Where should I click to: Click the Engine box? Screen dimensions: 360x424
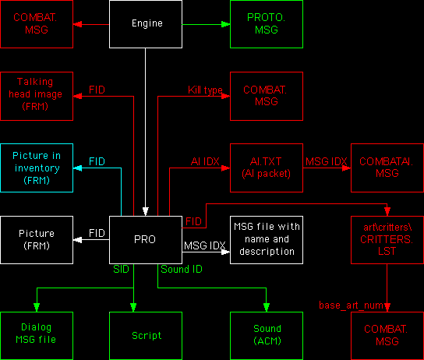tap(145, 23)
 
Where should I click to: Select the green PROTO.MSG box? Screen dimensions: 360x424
tap(266, 23)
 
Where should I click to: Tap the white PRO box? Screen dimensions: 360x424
tap(145, 240)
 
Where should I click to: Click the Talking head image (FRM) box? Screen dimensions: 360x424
tap(36, 96)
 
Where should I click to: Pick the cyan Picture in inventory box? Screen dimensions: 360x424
tap(36, 168)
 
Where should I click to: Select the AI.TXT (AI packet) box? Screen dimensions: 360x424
tap(266, 168)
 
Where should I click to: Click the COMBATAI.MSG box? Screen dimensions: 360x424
tap(387, 168)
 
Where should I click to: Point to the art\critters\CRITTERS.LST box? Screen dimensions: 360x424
tap(387, 240)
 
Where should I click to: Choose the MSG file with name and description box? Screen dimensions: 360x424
tap(266, 240)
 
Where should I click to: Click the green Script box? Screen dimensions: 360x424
tap(145, 335)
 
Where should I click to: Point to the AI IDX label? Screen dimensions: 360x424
tap(206, 161)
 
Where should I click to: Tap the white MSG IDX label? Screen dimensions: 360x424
tap(205, 246)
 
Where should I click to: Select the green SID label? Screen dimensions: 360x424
tap(121, 269)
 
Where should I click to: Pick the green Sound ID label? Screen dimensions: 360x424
tap(181, 269)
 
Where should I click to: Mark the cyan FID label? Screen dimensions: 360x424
tap(97, 161)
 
